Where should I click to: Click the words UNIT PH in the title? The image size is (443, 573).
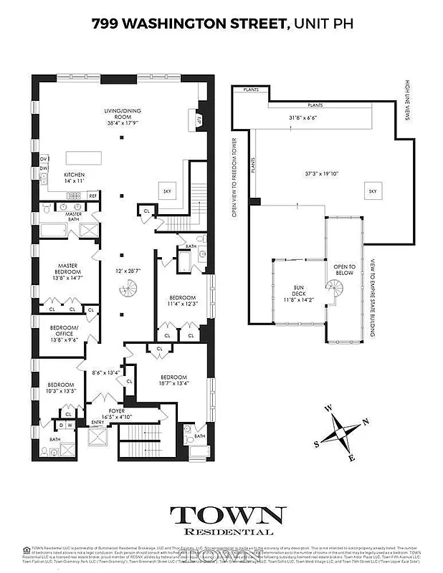[323, 24]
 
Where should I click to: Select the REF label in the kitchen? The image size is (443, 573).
[92, 195]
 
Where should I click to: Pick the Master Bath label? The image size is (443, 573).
[73, 214]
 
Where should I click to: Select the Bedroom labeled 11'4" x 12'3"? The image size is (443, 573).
[183, 302]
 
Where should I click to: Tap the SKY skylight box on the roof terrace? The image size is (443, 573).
[372, 191]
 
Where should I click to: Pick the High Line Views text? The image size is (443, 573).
[406, 100]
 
